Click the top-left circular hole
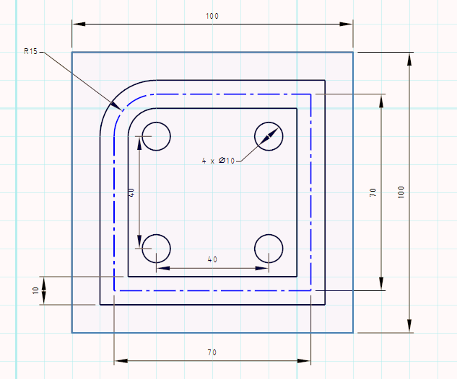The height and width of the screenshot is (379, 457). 156,135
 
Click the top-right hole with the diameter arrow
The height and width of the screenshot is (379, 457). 269,135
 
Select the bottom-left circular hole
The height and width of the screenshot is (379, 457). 156,248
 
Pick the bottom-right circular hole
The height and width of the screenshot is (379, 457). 269,248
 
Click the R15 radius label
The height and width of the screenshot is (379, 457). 30,51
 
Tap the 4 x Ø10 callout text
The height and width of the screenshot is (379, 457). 219,160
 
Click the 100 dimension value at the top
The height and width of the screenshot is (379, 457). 212,16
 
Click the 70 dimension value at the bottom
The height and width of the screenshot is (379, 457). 212,352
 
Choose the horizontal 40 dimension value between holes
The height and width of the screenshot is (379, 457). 212,259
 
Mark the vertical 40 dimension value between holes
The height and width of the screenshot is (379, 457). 131,192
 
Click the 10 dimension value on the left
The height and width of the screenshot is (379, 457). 35,290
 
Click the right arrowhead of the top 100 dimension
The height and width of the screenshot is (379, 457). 347,24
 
